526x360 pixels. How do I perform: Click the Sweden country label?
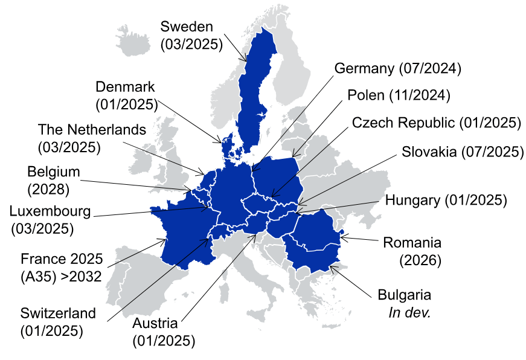tap(187, 27)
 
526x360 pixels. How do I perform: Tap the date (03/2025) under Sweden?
tap(191, 44)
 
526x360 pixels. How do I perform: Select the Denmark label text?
tap(125, 87)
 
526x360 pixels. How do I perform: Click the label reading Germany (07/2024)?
tap(398, 68)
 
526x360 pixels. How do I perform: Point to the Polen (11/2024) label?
tap(399, 95)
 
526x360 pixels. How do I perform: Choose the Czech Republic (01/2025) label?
tap(436, 123)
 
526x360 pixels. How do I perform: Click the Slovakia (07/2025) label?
tap(463, 152)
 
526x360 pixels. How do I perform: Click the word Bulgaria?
tap(405, 295)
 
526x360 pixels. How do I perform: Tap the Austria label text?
tap(158, 323)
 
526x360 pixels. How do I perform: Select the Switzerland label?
tap(58, 313)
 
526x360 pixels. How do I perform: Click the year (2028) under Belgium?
tap(48, 188)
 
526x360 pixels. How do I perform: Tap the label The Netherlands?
tap(92, 129)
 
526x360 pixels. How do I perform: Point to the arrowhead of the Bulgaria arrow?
tap(330, 266)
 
